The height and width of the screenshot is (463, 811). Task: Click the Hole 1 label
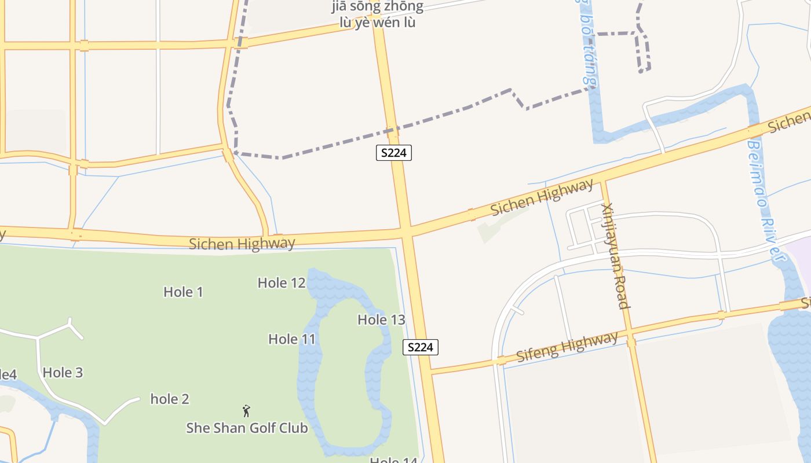(x=183, y=292)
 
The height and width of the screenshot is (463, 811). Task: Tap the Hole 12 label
(x=282, y=283)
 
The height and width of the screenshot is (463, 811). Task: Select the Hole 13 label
(x=381, y=319)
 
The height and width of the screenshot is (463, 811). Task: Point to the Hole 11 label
(x=292, y=339)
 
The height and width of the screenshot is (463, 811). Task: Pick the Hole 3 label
(x=63, y=373)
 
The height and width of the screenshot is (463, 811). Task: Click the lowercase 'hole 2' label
(x=170, y=399)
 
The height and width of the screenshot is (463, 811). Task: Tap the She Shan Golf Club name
(x=247, y=428)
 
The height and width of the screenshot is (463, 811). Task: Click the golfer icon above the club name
(x=246, y=411)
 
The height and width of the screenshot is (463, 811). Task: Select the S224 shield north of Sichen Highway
(x=394, y=153)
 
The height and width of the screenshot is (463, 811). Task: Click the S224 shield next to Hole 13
(x=421, y=347)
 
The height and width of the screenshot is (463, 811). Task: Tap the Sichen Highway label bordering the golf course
(x=242, y=244)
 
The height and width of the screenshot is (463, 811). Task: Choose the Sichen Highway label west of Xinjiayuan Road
(x=542, y=197)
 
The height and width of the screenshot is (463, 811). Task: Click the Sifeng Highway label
(x=567, y=347)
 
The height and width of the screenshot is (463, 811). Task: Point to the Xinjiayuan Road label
(x=615, y=256)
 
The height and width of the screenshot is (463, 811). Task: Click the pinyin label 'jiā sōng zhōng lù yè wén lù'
(x=378, y=15)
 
